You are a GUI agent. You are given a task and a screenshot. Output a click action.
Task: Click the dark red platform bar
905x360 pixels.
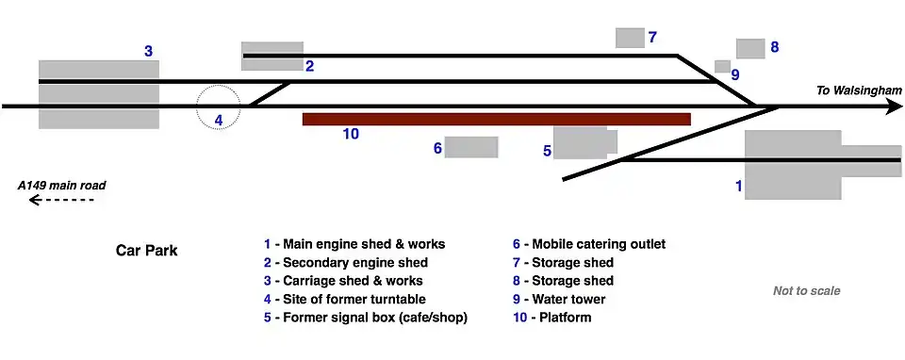(x=497, y=119)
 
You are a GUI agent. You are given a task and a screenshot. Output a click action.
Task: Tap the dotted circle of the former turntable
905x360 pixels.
(x=218, y=86)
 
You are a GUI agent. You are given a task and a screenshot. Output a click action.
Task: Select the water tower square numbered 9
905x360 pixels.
(x=723, y=66)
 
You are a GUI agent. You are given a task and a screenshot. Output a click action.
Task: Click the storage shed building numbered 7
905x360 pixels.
(x=630, y=38)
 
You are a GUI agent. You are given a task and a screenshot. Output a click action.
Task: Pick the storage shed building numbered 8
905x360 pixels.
(x=750, y=48)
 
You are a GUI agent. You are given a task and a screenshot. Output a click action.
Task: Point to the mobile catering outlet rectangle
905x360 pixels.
(x=471, y=147)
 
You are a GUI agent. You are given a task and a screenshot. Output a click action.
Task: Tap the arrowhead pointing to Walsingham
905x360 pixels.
(x=894, y=106)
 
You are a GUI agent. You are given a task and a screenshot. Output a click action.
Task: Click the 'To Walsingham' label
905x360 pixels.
(x=858, y=90)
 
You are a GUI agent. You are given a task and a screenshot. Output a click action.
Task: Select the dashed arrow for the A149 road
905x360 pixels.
(x=61, y=200)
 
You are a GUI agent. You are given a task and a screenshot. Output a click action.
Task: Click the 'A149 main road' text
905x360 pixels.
(x=62, y=186)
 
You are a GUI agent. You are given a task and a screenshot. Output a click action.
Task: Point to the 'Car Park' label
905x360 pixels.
(x=147, y=251)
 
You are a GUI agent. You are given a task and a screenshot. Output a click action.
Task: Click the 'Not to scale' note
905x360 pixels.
(x=806, y=291)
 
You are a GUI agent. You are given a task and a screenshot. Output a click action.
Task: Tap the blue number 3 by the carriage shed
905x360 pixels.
(x=148, y=51)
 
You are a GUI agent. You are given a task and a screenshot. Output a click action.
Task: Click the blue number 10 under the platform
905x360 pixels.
(x=351, y=134)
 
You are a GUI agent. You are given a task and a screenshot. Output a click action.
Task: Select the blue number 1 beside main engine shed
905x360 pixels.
(x=738, y=186)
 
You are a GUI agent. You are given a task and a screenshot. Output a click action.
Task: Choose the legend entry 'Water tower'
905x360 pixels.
(x=559, y=299)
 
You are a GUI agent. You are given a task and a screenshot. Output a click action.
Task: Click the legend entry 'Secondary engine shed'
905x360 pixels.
(x=346, y=263)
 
